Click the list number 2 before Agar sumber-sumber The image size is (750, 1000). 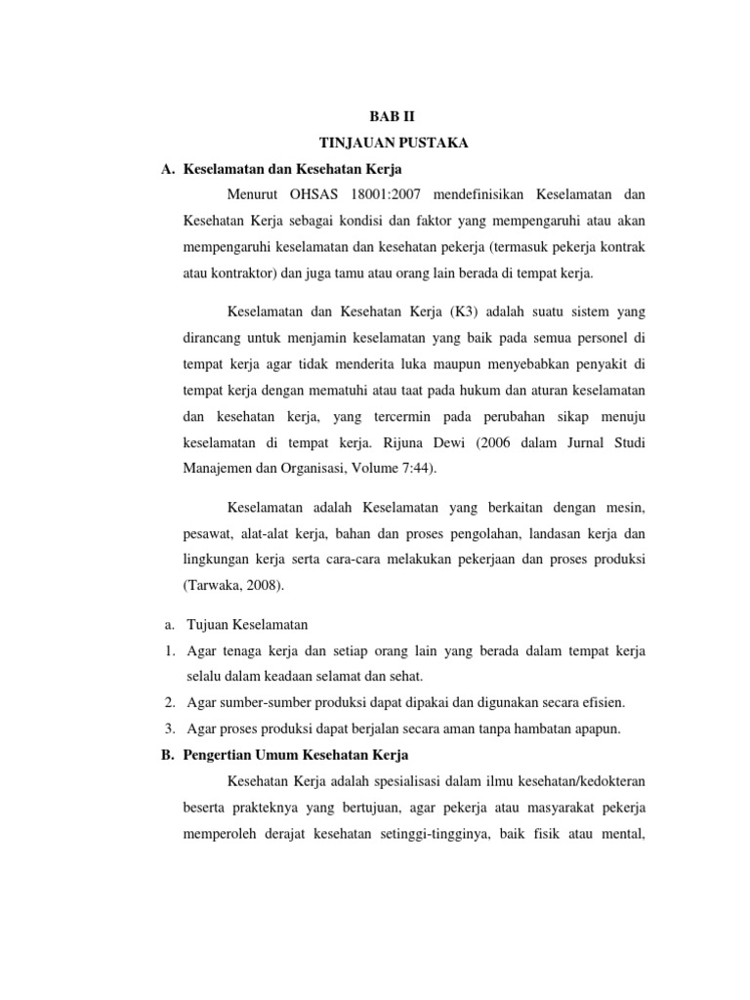click(169, 702)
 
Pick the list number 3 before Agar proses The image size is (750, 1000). click(169, 728)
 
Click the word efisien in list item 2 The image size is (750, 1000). click(604, 702)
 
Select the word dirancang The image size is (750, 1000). click(211, 337)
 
